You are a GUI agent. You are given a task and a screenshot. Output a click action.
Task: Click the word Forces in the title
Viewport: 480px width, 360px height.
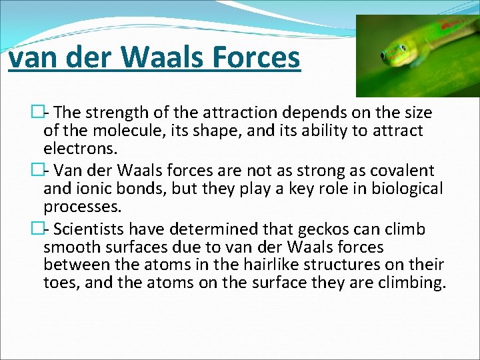point(257,57)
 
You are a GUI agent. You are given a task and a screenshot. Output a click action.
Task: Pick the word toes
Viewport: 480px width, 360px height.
point(59,282)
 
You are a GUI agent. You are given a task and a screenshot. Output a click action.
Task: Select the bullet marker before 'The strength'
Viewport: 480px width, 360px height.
point(37,113)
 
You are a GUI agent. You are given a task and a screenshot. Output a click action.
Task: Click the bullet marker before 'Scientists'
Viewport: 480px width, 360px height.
point(37,229)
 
